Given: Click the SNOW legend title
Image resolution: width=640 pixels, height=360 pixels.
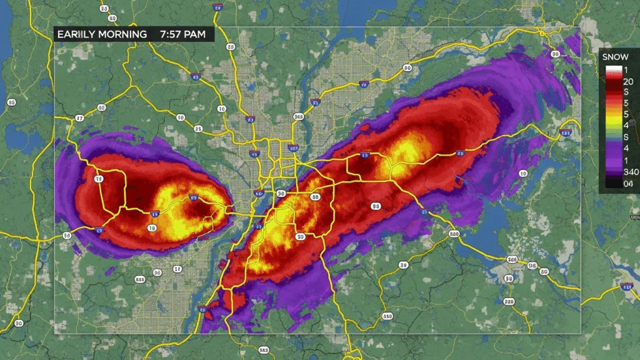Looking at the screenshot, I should click(x=615, y=57).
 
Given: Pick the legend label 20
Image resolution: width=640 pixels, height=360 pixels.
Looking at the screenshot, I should click(x=627, y=80).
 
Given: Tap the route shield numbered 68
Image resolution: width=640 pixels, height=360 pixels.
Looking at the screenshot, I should click(x=231, y=47).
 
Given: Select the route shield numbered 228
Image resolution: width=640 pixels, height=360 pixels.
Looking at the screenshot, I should click(x=509, y=302).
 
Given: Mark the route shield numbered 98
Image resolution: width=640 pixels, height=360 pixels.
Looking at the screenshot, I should click(x=376, y=206).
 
